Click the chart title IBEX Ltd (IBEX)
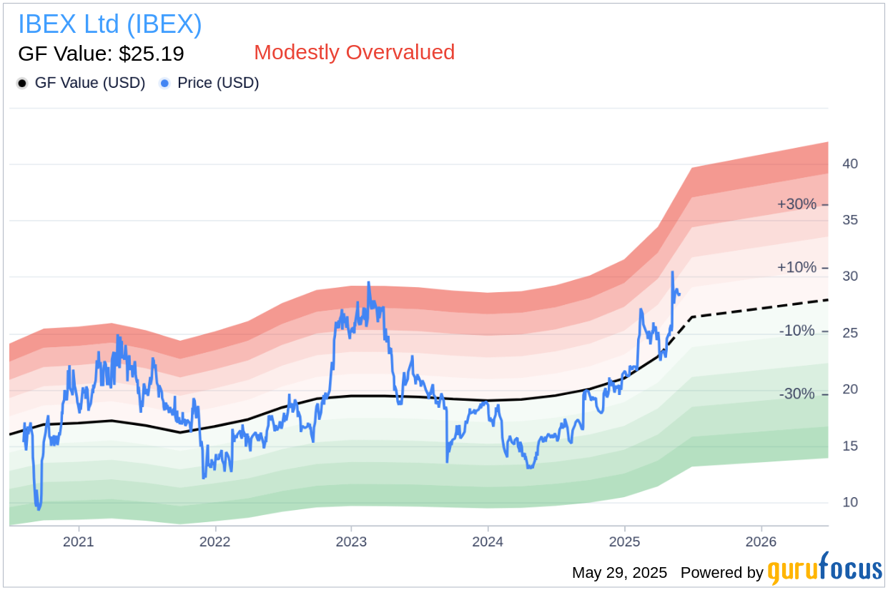tap(109, 24)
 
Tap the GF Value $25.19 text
tap(101, 54)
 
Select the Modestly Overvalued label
tap(354, 52)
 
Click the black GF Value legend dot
tap(22, 84)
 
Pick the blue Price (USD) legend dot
tap(164, 84)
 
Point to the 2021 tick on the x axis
tap(78, 541)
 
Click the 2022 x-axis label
tap(214, 541)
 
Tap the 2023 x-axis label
tap(351, 541)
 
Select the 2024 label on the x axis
tap(488, 541)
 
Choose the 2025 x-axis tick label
tap(624, 541)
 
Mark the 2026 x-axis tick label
tap(761, 541)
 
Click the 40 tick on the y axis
tap(850, 164)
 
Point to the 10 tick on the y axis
tap(850, 503)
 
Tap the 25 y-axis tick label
tap(850, 334)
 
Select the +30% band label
tap(796, 204)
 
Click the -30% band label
tap(796, 394)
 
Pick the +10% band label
tap(796, 268)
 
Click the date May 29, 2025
tap(619, 573)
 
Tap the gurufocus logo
tap(824, 571)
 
